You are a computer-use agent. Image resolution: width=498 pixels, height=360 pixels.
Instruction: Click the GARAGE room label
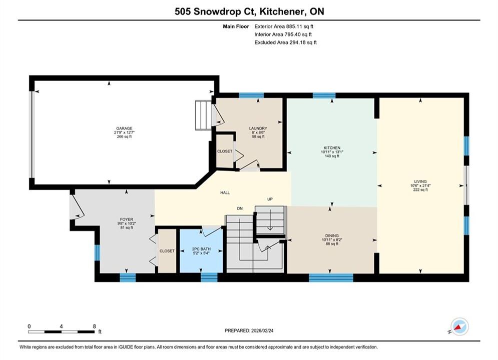point(124,128)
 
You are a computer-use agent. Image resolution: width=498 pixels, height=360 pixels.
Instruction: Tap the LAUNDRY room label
point(258,128)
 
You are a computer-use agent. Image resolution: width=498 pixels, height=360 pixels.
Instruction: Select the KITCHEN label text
point(332,148)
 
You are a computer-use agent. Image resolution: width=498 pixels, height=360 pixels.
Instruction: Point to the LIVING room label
point(420,181)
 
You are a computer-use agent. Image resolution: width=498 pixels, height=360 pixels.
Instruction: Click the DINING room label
point(332,235)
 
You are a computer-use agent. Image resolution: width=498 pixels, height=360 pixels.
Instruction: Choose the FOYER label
point(127,219)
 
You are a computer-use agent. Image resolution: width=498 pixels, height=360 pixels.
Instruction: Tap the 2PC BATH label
point(201,249)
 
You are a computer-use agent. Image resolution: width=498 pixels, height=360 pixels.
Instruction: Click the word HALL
point(225,192)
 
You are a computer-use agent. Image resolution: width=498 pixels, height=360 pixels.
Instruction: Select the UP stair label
point(270,199)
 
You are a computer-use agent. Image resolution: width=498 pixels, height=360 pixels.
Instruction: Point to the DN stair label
point(240,208)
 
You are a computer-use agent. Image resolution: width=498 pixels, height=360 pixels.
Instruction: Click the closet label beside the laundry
point(225,151)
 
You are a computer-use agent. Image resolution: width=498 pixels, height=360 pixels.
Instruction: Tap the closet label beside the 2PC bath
point(167,251)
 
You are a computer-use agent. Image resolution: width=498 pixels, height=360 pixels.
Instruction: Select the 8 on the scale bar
point(94,326)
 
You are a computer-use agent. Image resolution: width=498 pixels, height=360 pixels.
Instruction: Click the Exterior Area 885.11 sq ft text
point(284,26)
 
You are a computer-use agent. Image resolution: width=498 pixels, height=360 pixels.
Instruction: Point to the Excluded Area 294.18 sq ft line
point(285,42)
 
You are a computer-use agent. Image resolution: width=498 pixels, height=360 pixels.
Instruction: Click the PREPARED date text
point(249,330)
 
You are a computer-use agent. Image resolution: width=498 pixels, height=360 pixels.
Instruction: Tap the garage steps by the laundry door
point(203,115)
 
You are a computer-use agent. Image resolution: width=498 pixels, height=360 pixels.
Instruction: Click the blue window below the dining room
point(331,278)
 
